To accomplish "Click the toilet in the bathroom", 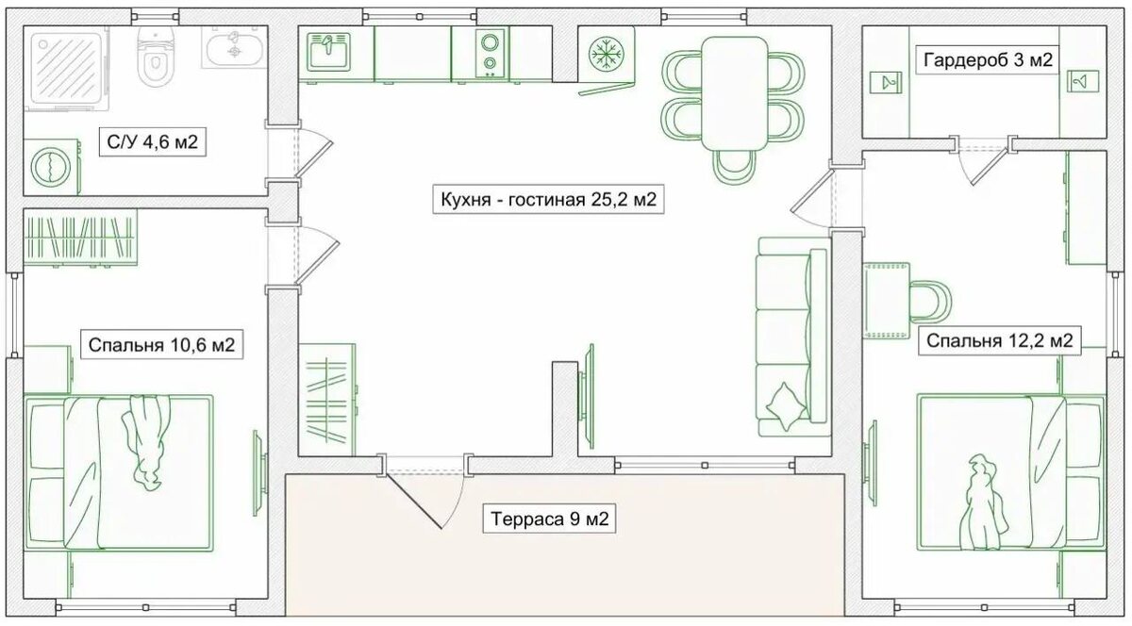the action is [156, 55].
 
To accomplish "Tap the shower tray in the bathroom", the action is [66, 68].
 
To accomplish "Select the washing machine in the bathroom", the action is [52, 167].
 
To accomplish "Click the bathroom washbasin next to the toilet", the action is [235, 47].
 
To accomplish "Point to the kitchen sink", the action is [328, 52].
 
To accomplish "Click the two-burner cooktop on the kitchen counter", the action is [490, 53].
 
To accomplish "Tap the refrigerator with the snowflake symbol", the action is [607, 54].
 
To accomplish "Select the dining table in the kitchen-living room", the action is [735, 93].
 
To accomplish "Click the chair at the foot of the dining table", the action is [734, 167].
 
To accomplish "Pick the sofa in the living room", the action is [793, 337].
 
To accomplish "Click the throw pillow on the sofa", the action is [787, 406].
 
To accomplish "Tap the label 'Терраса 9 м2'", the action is [549, 519].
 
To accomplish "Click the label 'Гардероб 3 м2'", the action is [988, 60].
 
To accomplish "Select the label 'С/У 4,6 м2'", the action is [152, 142].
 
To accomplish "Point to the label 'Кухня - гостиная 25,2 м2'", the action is [548, 199].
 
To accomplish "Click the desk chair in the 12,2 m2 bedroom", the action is [931, 302].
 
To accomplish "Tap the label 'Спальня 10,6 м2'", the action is [161, 345].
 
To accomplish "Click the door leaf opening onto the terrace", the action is [413, 502].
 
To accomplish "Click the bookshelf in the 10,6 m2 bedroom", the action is [81, 238].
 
